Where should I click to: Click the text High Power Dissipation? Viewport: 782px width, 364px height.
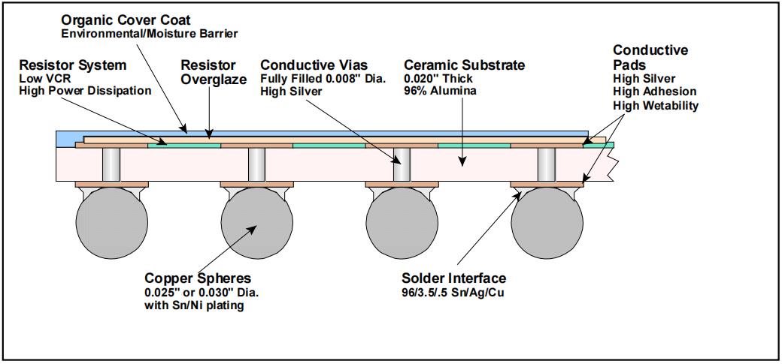click(84, 91)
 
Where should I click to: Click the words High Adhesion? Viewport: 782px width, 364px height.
click(650, 92)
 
